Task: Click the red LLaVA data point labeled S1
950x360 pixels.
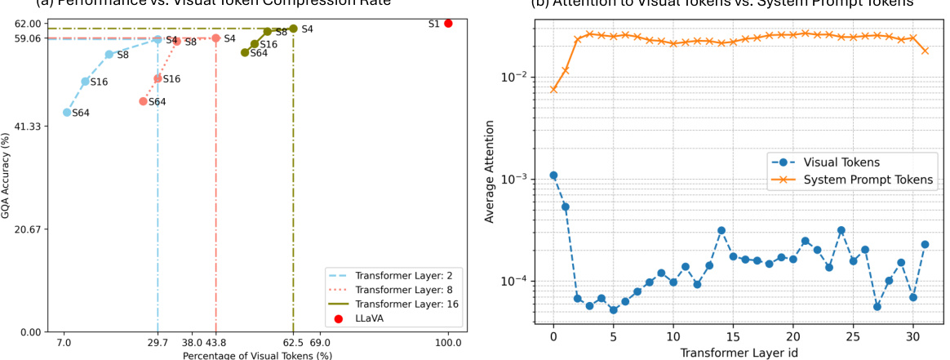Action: (448, 24)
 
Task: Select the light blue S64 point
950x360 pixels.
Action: (67, 113)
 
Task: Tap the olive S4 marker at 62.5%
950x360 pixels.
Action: (293, 29)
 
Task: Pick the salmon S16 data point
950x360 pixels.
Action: (158, 78)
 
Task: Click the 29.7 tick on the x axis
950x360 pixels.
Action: (158, 343)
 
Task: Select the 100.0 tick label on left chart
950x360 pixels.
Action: (448, 343)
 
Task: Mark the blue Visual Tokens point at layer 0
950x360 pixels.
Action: (553, 176)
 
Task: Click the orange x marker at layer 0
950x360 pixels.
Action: (553, 89)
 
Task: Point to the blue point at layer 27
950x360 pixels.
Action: (877, 306)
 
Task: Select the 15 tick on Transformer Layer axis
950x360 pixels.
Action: (733, 336)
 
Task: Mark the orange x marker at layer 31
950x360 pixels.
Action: (925, 51)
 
